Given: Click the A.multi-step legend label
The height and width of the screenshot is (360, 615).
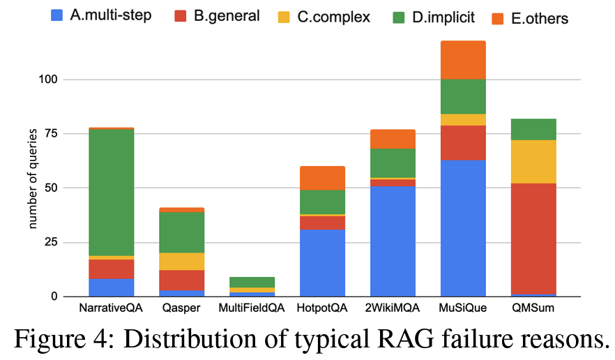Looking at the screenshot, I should [111, 15].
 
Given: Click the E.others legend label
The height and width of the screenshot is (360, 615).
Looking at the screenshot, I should [540, 17].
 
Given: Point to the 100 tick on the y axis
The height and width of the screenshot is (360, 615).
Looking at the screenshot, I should [52, 80].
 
